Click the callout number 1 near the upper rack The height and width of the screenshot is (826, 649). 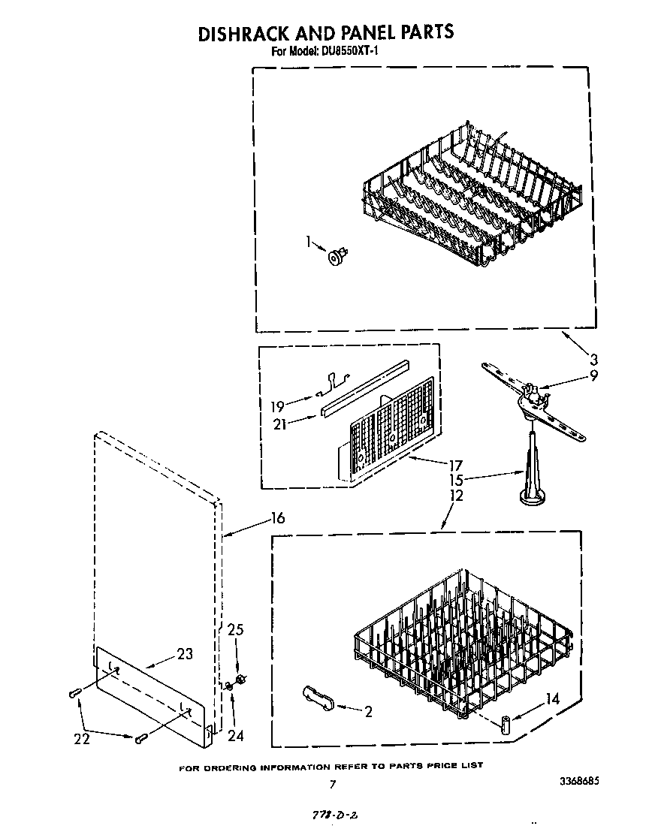[x=307, y=242]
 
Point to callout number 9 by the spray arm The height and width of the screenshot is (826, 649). [x=593, y=375]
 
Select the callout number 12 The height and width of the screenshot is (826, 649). [x=456, y=496]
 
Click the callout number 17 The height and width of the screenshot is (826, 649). [x=456, y=464]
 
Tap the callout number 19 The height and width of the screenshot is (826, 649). [x=277, y=406]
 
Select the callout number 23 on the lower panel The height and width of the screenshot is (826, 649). [x=184, y=653]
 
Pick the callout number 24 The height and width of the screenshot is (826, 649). [x=235, y=736]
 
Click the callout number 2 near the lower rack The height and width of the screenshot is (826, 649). [x=368, y=712]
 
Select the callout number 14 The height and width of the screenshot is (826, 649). [x=552, y=698]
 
